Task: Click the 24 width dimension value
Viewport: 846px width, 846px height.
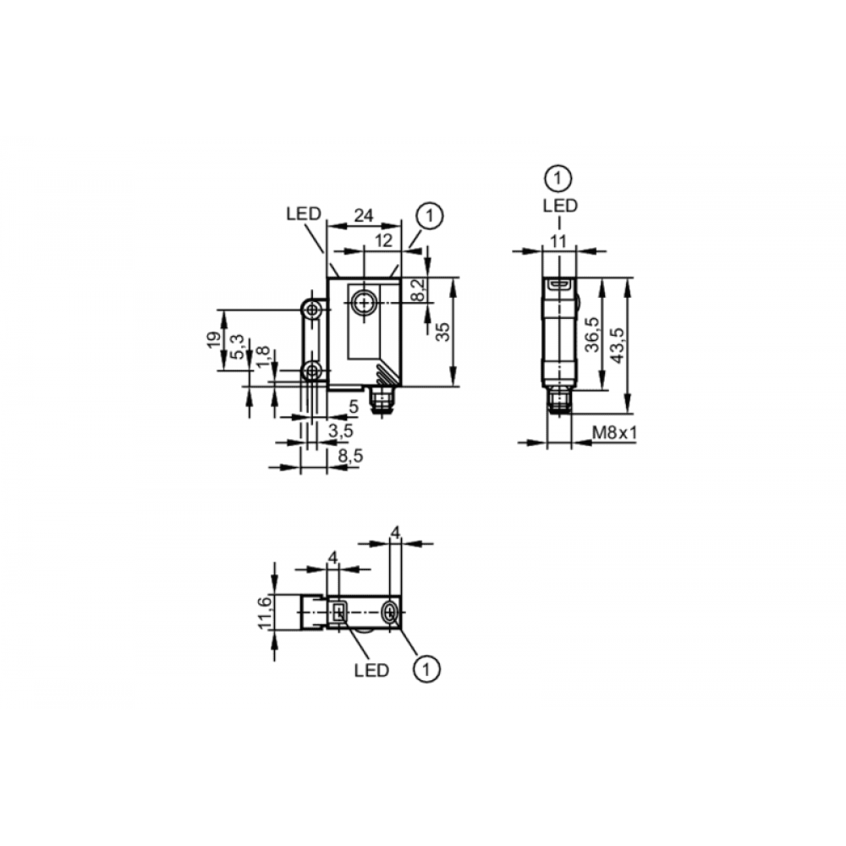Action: click(x=363, y=215)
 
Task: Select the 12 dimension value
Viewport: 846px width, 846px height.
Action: click(x=383, y=240)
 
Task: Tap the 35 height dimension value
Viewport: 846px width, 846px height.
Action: click(x=442, y=332)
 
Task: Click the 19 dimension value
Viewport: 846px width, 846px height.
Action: click(x=214, y=339)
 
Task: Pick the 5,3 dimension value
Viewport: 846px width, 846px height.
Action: click(x=237, y=347)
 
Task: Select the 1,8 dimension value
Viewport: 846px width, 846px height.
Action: click(x=262, y=357)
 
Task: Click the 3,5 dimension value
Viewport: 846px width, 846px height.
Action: click(x=341, y=431)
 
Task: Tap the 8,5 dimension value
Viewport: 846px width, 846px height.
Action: click(x=351, y=456)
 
